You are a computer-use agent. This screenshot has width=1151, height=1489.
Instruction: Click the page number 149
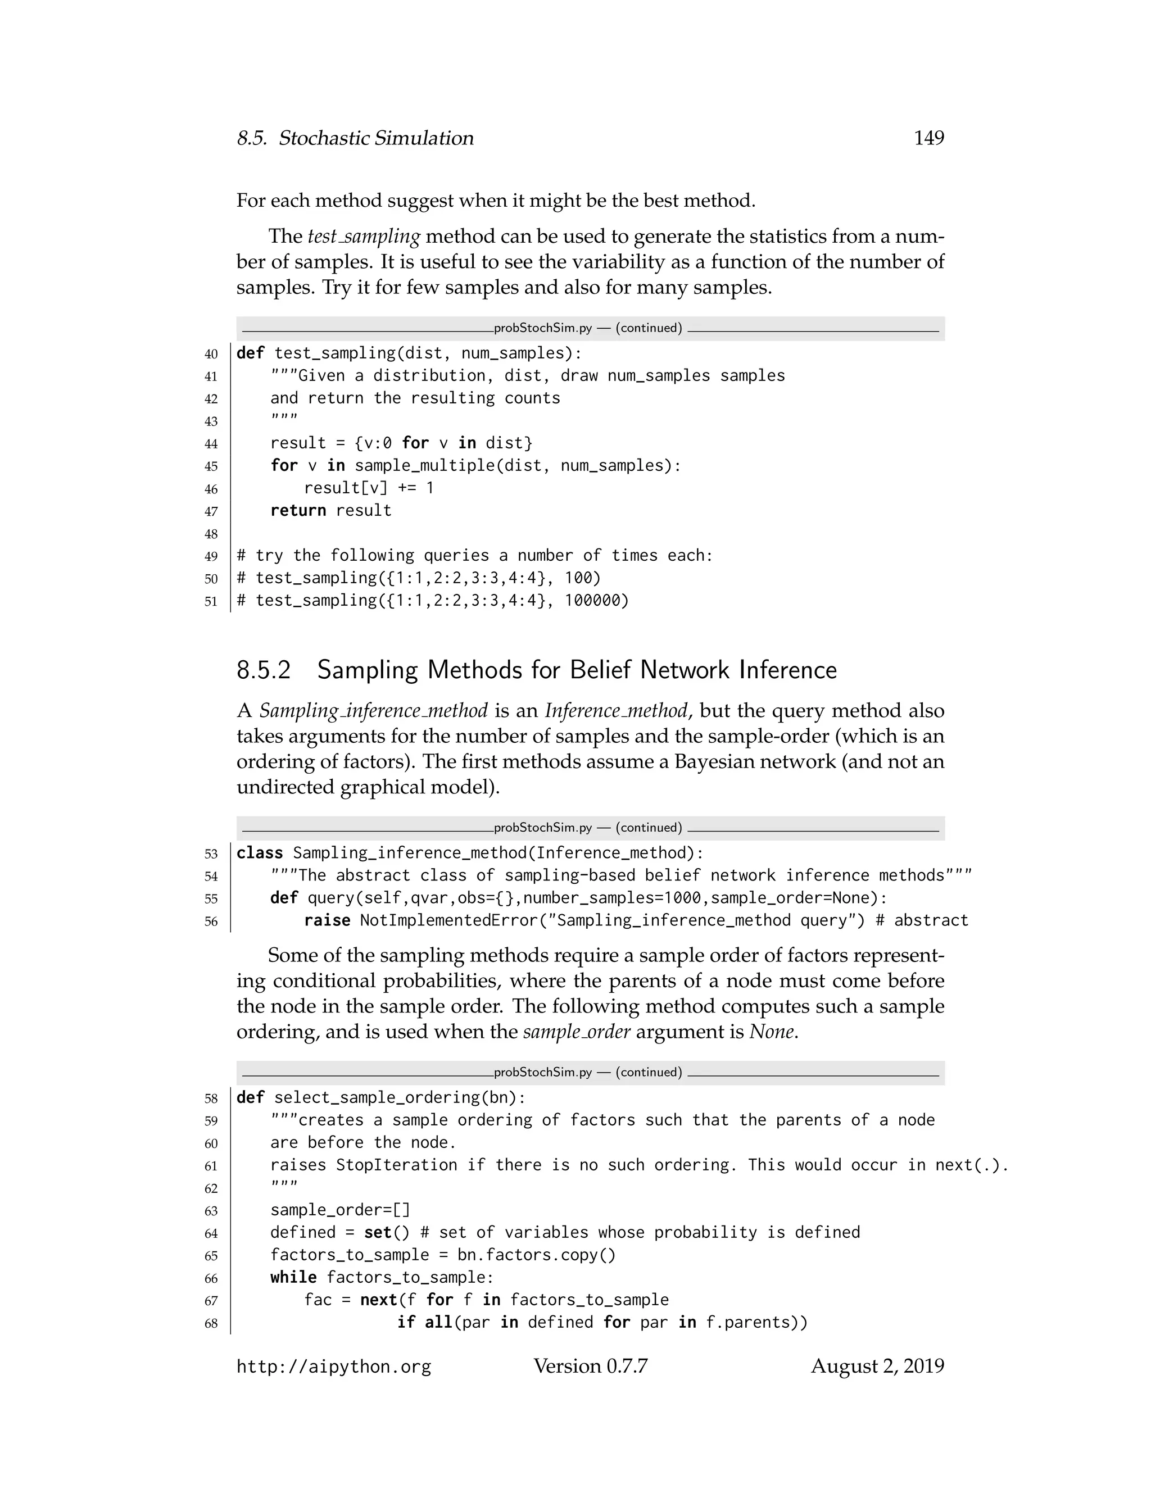pyautogui.click(x=928, y=138)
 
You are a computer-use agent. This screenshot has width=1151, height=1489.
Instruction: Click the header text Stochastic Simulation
pyautogui.click(x=376, y=138)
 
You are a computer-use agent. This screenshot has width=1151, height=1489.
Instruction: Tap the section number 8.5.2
pyautogui.click(x=264, y=670)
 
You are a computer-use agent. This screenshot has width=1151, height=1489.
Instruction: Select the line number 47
pyautogui.click(x=211, y=511)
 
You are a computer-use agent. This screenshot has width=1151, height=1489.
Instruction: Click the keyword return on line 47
pyautogui.click(x=298, y=511)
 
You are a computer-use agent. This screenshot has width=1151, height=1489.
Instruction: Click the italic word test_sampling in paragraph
pyautogui.click(x=364, y=237)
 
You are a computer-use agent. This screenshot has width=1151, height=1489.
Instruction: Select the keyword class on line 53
pyautogui.click(x=260, y=853)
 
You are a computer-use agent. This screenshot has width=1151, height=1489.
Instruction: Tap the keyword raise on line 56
pyautogui.click(x=327, y=920)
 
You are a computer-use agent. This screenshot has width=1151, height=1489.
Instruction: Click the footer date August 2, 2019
pyautogui.click(x=877, y=1367)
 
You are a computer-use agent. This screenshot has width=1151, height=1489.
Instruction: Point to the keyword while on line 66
pyautogui.click(x=293, y=1278)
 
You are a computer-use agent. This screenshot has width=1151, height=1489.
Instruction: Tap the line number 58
pyautogui.click(x=211, y=1098)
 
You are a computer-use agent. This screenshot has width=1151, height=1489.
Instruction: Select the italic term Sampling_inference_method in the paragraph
pyautogui.click(x=373, y=711)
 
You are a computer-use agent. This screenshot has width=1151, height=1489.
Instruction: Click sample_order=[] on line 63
pyautogui.click(x=340, y=1210)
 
